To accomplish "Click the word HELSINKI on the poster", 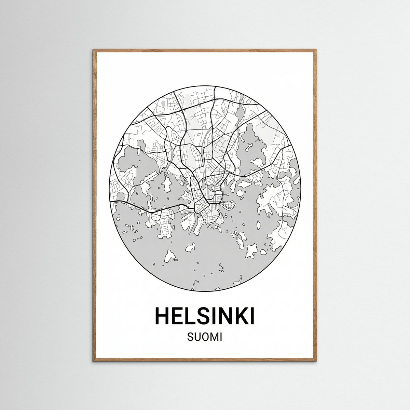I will coord(205,316).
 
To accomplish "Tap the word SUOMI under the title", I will coord(205,338).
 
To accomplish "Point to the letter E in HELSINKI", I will coord(179,316).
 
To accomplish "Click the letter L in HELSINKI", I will coord(191,316).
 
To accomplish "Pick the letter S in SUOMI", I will coord(190,338).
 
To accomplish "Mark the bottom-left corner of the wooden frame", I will coord(94,360).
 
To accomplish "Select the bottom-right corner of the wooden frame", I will coord(316,360).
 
